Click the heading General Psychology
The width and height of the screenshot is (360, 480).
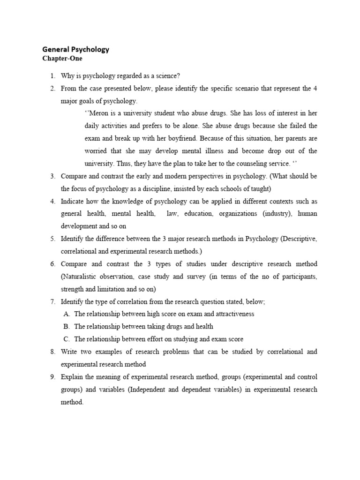click(75, 49)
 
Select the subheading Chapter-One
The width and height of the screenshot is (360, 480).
click(62, 59)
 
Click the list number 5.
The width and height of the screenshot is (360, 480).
click(53, 239)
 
